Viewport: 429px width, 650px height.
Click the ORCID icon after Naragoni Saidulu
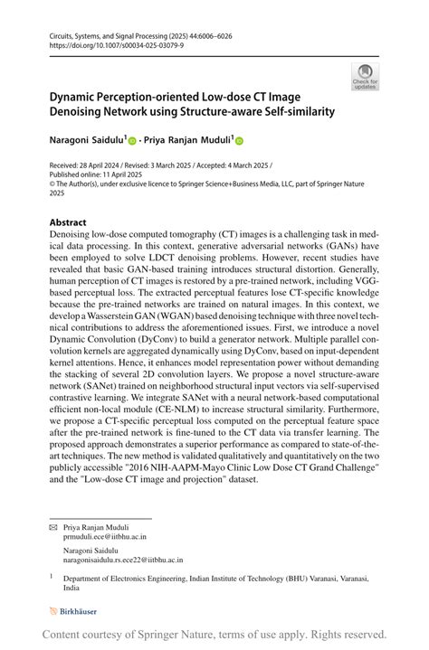pyautogui.click(x=131, y=142)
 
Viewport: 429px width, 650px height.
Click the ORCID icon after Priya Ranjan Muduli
pyautogui.click(x=240, y=142)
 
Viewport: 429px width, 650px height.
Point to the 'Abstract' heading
pyautogui.click(x=69, y=222)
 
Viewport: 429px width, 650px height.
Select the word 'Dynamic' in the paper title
pyautogui.click(x=78, y=96)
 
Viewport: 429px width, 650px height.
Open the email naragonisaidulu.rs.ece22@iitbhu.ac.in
pyautogui.click(x=123, y=560)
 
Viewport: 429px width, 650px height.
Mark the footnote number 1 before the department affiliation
pyautogui.click(x=52, y=575)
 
